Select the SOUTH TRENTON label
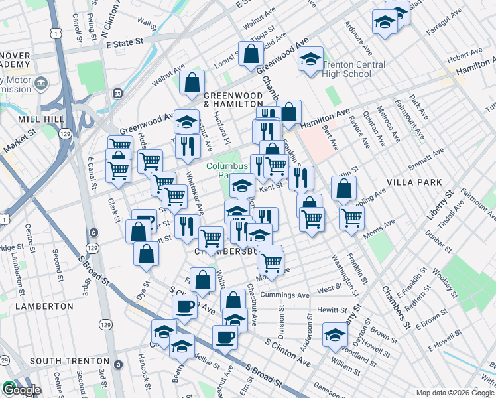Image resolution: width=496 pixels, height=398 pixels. click(x=64, y=361)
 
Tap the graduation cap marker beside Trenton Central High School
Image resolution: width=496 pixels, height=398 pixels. click(x=310, y=60)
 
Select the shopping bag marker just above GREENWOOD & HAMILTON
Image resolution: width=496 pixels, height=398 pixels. click(x=192, y=82)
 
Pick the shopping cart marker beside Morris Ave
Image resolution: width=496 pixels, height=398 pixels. click(x=351, y=217)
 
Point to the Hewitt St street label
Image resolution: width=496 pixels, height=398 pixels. click(x=332, y=310)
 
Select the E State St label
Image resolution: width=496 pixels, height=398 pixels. click(x=125, y=42)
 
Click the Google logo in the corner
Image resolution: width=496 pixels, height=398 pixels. click(x=21, y=390)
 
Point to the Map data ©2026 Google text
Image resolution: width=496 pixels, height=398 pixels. click(x=455, y=392)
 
